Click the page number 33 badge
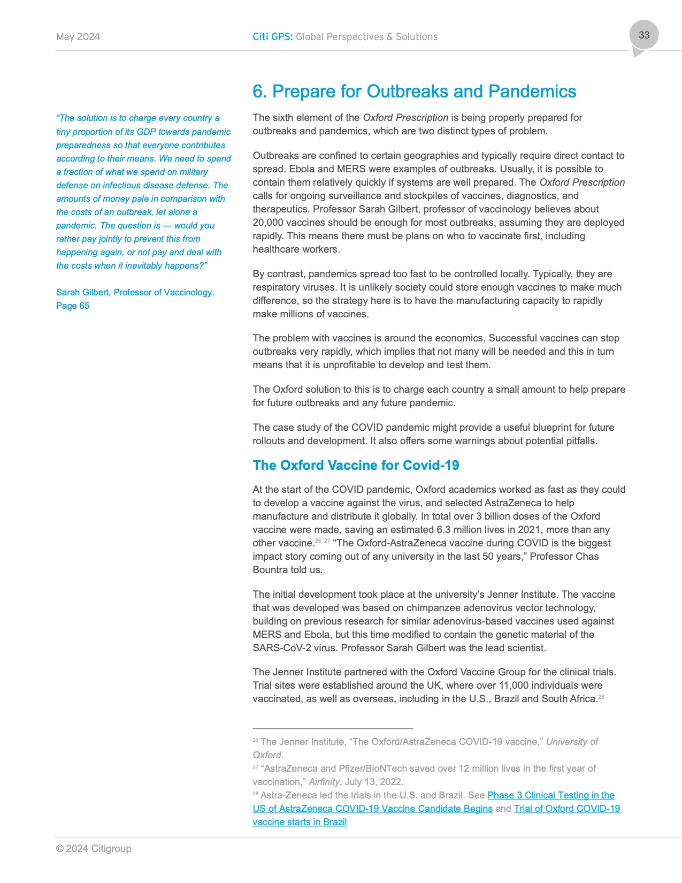[x=643, y=35]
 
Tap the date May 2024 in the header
[x=78, y=37]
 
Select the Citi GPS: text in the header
[x=273, y=37]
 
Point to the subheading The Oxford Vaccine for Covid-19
[x=356, y=466]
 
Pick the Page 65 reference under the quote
[x=73, y=306]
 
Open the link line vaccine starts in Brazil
[x=300, y=822]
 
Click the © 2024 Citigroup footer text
[x=94, y=849]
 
